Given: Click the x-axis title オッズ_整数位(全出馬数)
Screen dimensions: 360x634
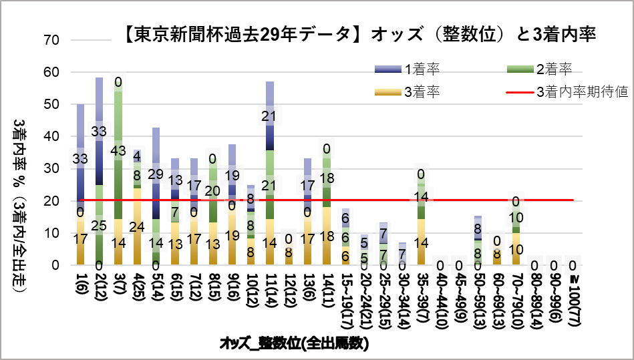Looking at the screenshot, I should [x=295, y=344].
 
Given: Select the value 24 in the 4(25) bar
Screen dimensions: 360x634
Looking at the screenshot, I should [x=138, y=226].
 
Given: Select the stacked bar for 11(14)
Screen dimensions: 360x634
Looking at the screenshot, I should [x=270, y=174].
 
